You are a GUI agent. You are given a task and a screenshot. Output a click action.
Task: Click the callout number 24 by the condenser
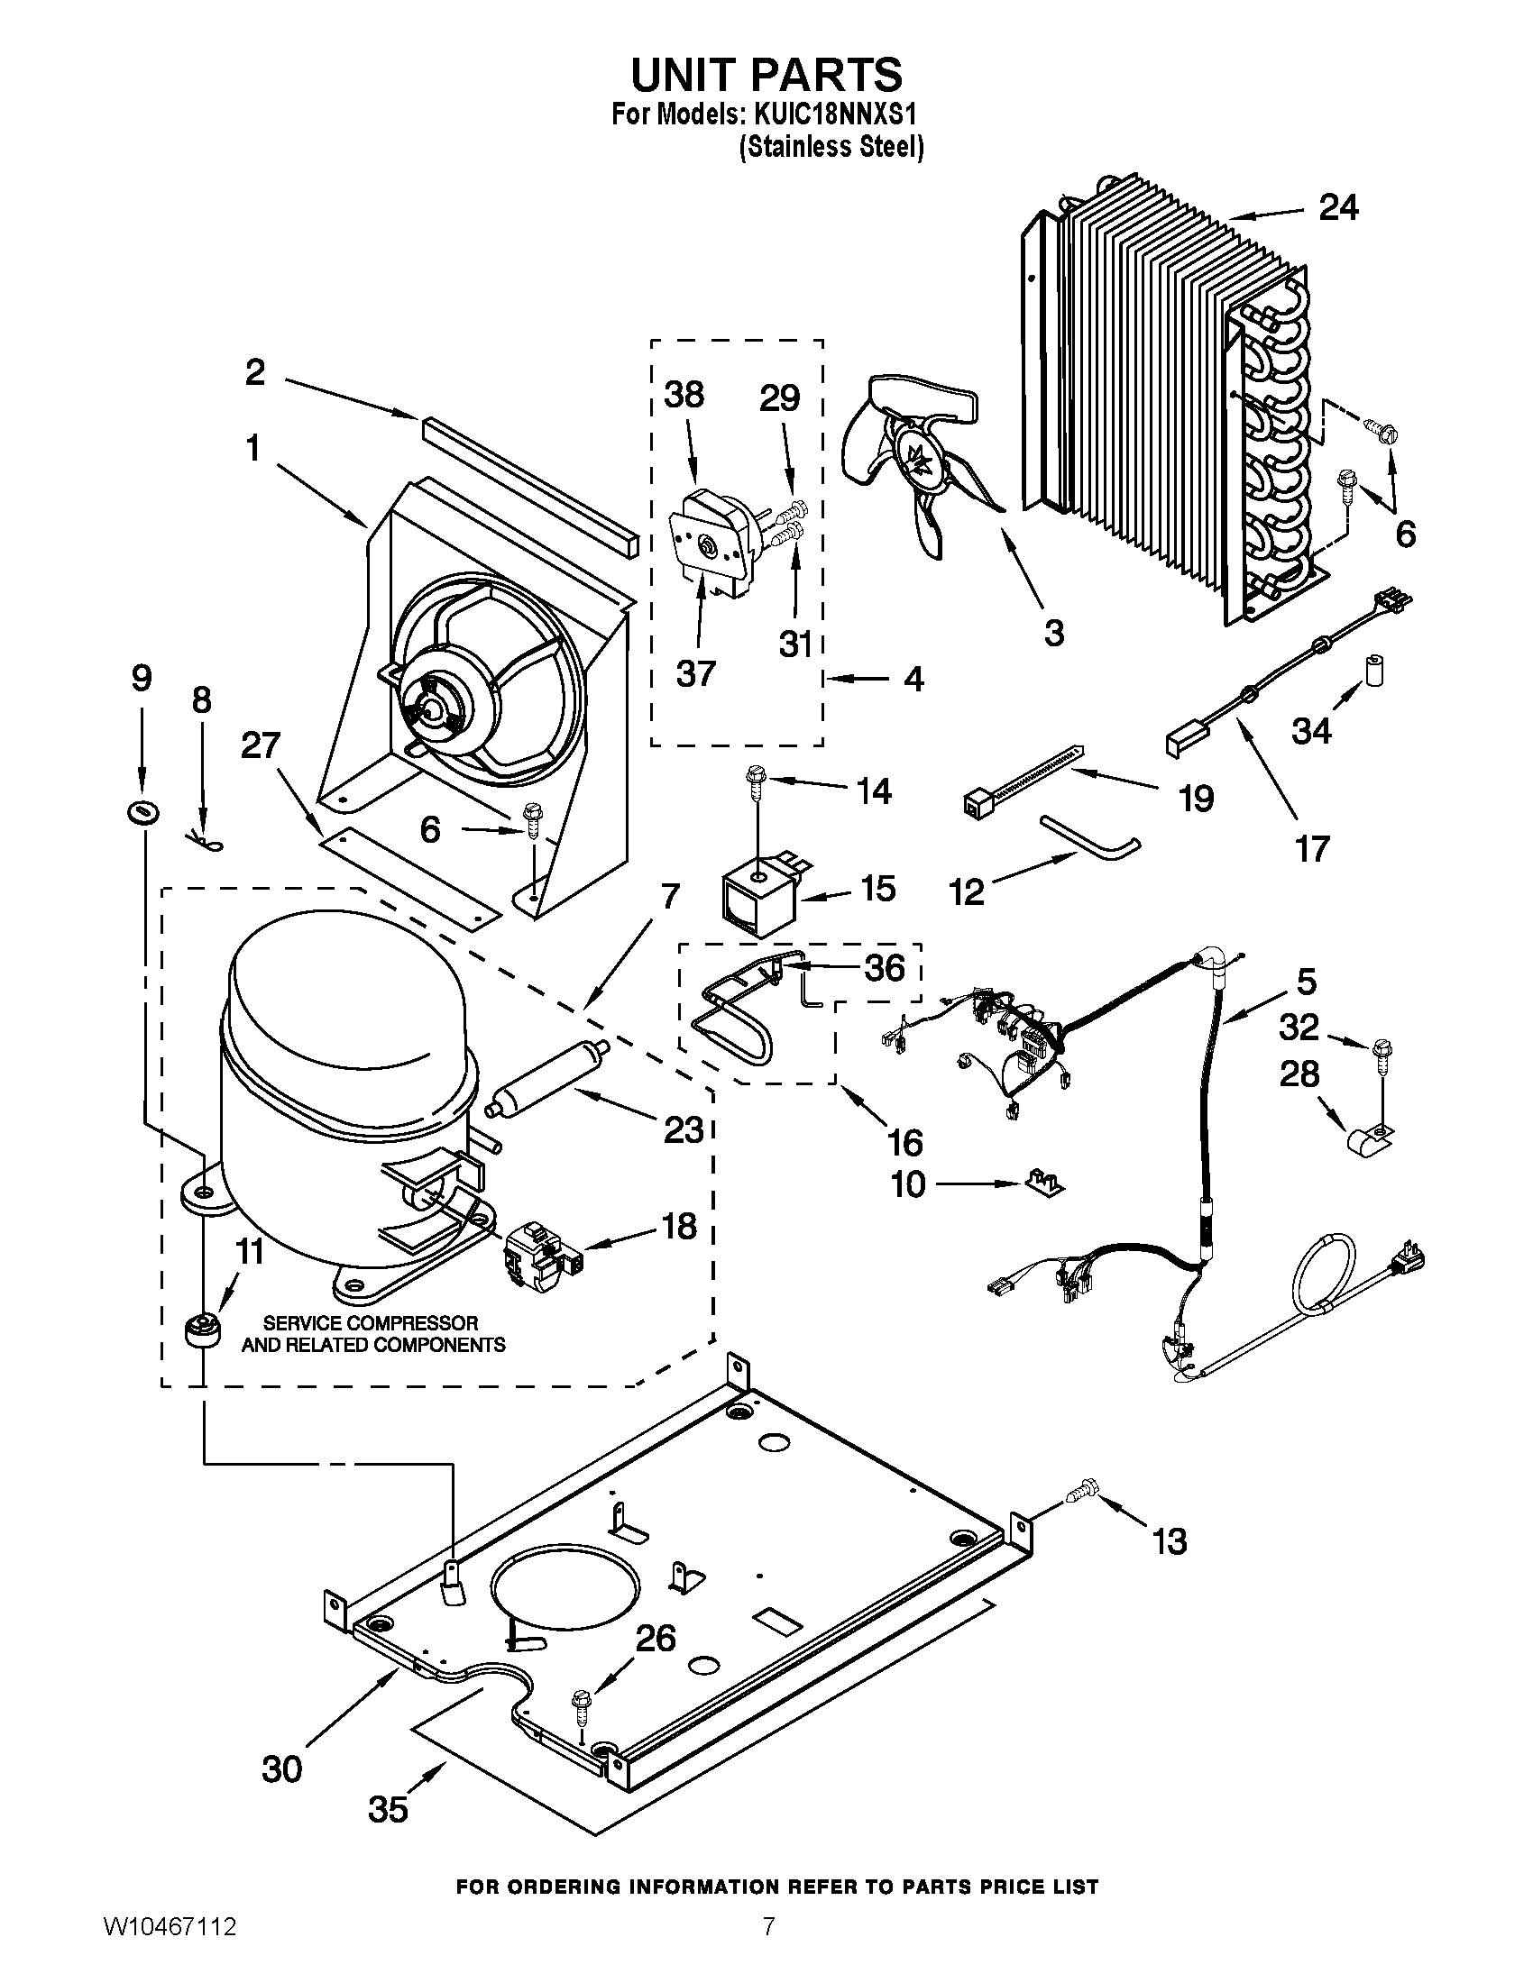pyautogui.click(x=1338, y=208)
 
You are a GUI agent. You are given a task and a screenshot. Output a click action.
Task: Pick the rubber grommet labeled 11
pyautogui.click(x=202, y=1331)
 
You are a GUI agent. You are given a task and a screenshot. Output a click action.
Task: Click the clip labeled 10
pyautogui.click(x=1047, y=1183)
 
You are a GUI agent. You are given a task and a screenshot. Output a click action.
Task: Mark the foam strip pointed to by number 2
pyautogui.click(x=530, y=487)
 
